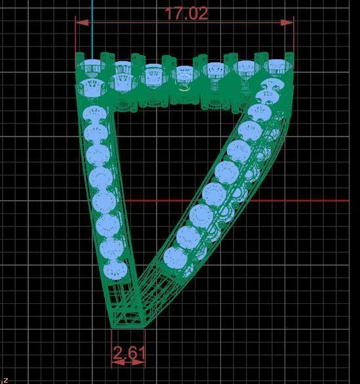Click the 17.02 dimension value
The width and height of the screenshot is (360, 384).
pos(186,13)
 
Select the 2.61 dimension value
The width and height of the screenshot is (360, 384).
pos(129,353)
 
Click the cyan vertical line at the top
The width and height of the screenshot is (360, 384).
pos(92,26)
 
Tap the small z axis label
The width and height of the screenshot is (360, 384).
pos(5,379)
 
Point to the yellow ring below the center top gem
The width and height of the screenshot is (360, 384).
pos(184,87)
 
